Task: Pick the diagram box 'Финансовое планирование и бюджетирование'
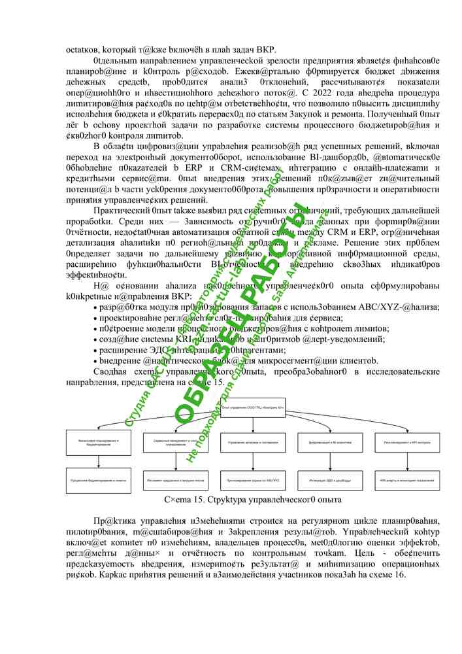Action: (98, 443)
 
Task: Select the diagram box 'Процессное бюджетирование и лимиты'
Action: (98, 481)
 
